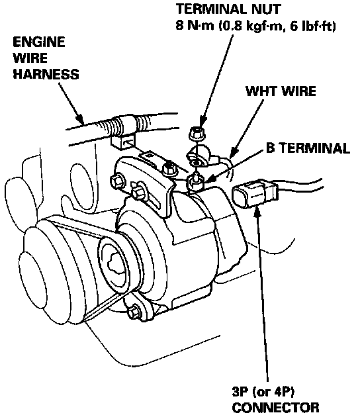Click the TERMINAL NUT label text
(228, 9)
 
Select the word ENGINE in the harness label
(39, 42)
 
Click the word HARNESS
(46, 74)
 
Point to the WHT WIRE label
(281, 91)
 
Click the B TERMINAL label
(308, 148)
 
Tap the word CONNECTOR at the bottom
(276, 408)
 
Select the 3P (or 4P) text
(263, 391)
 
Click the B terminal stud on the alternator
(196, 181)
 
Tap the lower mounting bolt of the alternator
(134, 312)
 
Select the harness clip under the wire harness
(123, 141)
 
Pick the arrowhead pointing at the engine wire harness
(79, 119)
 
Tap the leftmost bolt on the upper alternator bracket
(116, 181)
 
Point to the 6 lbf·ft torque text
(312, 26)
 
